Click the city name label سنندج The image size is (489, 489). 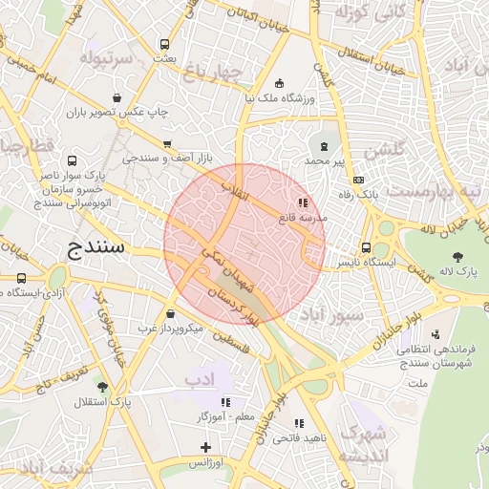[98, 251]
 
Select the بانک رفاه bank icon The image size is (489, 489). [358, 180]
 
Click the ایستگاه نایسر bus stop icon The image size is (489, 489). [367, 248]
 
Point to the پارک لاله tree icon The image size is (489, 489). [458, 255]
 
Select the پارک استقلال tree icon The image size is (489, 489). [102, 387]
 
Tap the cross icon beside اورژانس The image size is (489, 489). [204, 447]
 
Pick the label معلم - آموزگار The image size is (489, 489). [224, 417]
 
